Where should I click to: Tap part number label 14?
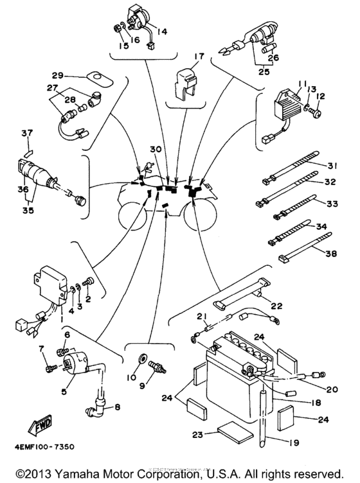[161, 31]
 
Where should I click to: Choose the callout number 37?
[26, 134]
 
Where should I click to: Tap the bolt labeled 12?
[317, 113]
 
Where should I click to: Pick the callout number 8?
[118, 406]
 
